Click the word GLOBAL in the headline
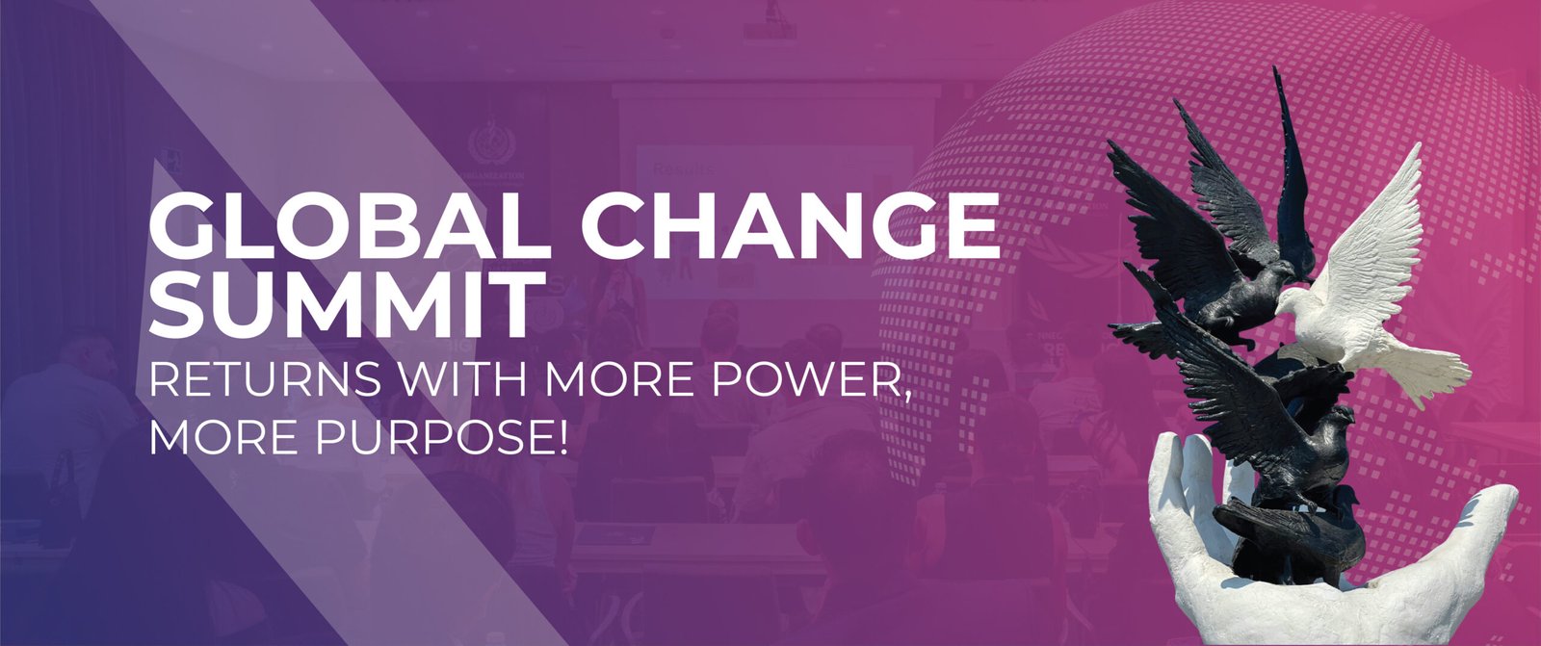350,225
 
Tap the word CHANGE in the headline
791,225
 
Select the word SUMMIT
341,305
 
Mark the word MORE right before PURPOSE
222,436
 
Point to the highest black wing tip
1277,71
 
